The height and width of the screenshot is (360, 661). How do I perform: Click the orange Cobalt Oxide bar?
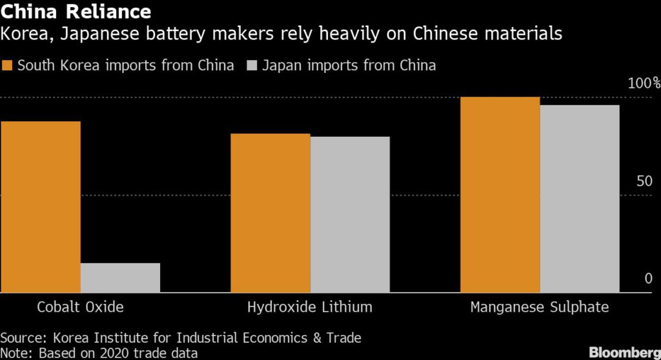tap(41, 206)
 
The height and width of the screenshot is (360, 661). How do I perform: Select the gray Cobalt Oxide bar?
tap(120, 277)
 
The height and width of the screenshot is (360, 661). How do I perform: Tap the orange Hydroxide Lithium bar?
tap(270, 213)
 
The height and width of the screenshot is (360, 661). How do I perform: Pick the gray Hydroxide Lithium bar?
tap(350, 214)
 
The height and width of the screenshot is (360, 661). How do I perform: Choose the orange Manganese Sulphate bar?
tap(500, 194)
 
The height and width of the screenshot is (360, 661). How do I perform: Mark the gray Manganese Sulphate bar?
tap(580, 199)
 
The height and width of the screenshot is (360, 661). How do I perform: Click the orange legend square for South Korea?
tap(8, 66)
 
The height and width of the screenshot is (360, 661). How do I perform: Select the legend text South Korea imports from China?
tap(125, 66)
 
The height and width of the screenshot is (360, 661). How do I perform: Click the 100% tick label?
tap(643, 83)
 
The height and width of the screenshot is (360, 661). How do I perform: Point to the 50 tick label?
tap(644, 181)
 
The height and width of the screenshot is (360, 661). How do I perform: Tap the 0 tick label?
tap(648, 279)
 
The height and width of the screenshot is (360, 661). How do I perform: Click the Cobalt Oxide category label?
tap(80, 307)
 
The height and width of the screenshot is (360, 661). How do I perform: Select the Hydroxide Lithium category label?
tap(310, 307)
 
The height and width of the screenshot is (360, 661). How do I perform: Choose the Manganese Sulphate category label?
tap(540, 307)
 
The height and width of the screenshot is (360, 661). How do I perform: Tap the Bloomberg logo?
tap(624, 352)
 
